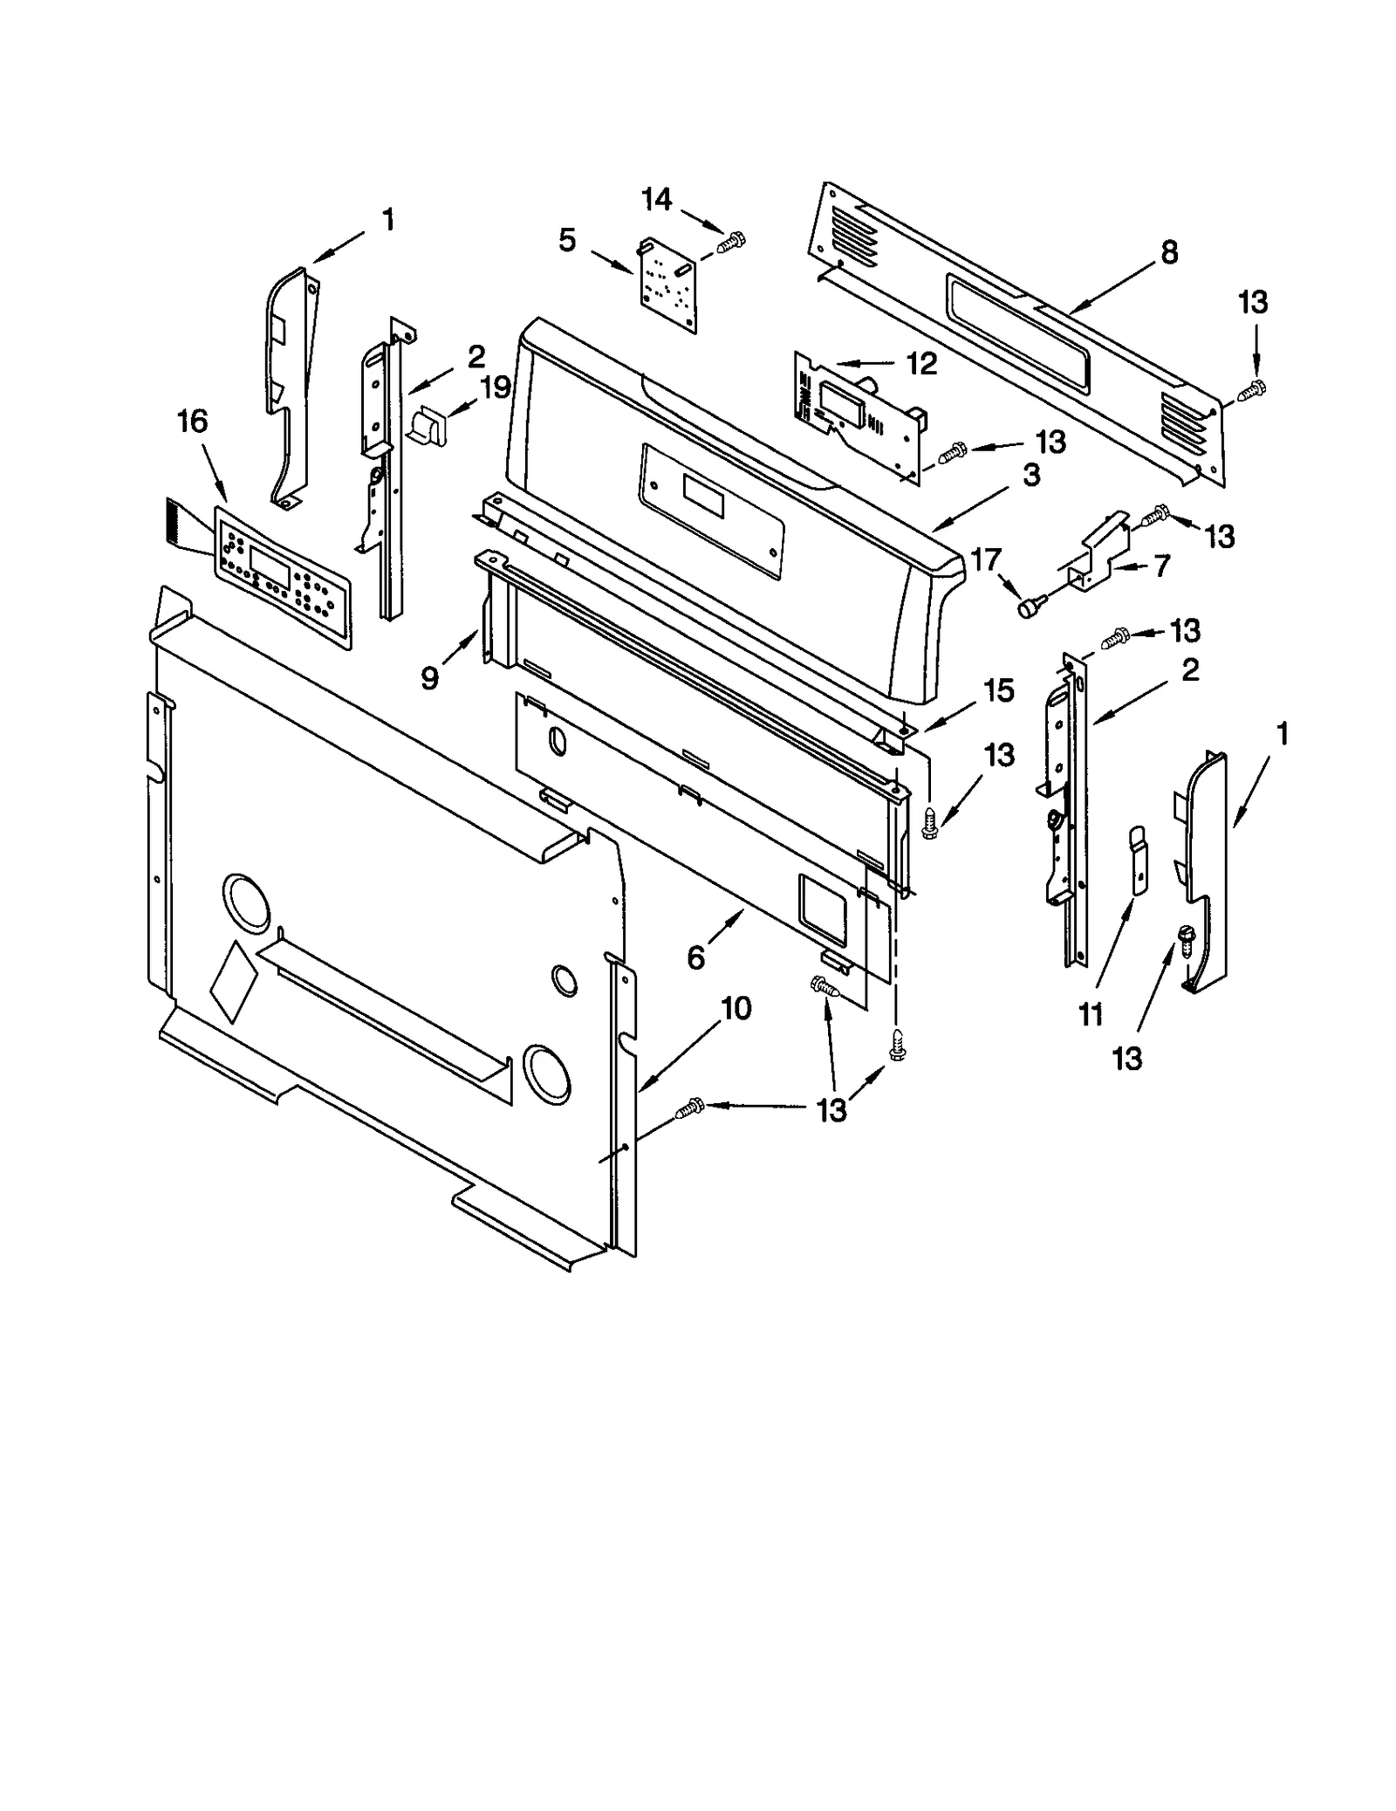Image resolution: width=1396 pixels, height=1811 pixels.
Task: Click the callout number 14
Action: (x=656, y=200)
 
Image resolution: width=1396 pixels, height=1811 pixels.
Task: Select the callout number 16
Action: (x=192, y=422)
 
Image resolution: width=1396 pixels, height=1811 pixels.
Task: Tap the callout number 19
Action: (x=495, y=387)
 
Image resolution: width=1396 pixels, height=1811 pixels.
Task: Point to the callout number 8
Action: (x=1169, y=252)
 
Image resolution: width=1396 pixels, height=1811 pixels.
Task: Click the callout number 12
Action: (x=920, y=363)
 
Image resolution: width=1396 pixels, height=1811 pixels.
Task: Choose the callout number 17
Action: (x=986, y=559)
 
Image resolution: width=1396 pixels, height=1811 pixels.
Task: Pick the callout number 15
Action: (x=999, y=690)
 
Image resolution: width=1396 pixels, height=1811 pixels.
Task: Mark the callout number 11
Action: (x=1091, y=1014)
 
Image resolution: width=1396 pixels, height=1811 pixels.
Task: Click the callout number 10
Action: (x=736, y=1009)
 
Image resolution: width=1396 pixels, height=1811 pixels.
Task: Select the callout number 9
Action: (x=429, y=678)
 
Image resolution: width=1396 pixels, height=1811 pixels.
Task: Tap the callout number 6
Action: (x=695, y=957)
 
